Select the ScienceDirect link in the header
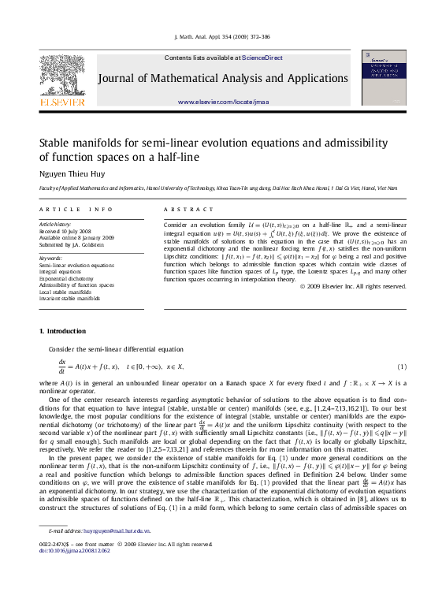[x=265, y=58]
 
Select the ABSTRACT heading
[x=188, y=210]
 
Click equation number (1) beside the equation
[x=401, y=367]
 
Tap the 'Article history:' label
[x=55, y=224]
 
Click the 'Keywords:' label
[x=50, y=258]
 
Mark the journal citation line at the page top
[x=221, y=37]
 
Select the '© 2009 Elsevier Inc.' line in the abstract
[x=352, y=285]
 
